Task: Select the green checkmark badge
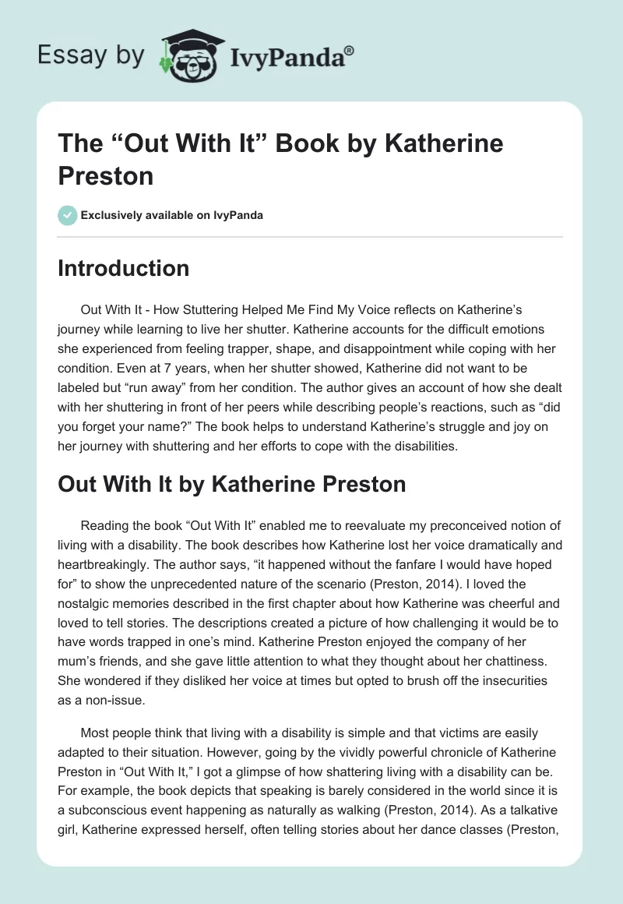(x=68, y=215)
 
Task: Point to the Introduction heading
(x=124, y=268)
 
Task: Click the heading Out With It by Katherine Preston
(x=232, y=484)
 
